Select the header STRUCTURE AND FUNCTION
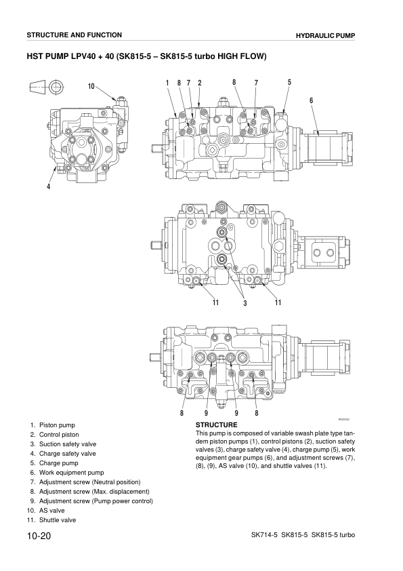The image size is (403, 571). (74, 35)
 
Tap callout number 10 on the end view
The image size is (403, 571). (91, 86)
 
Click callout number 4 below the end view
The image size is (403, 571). (48, 187)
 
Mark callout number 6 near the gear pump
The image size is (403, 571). (311, 100)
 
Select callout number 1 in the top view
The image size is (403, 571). (167, 83)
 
